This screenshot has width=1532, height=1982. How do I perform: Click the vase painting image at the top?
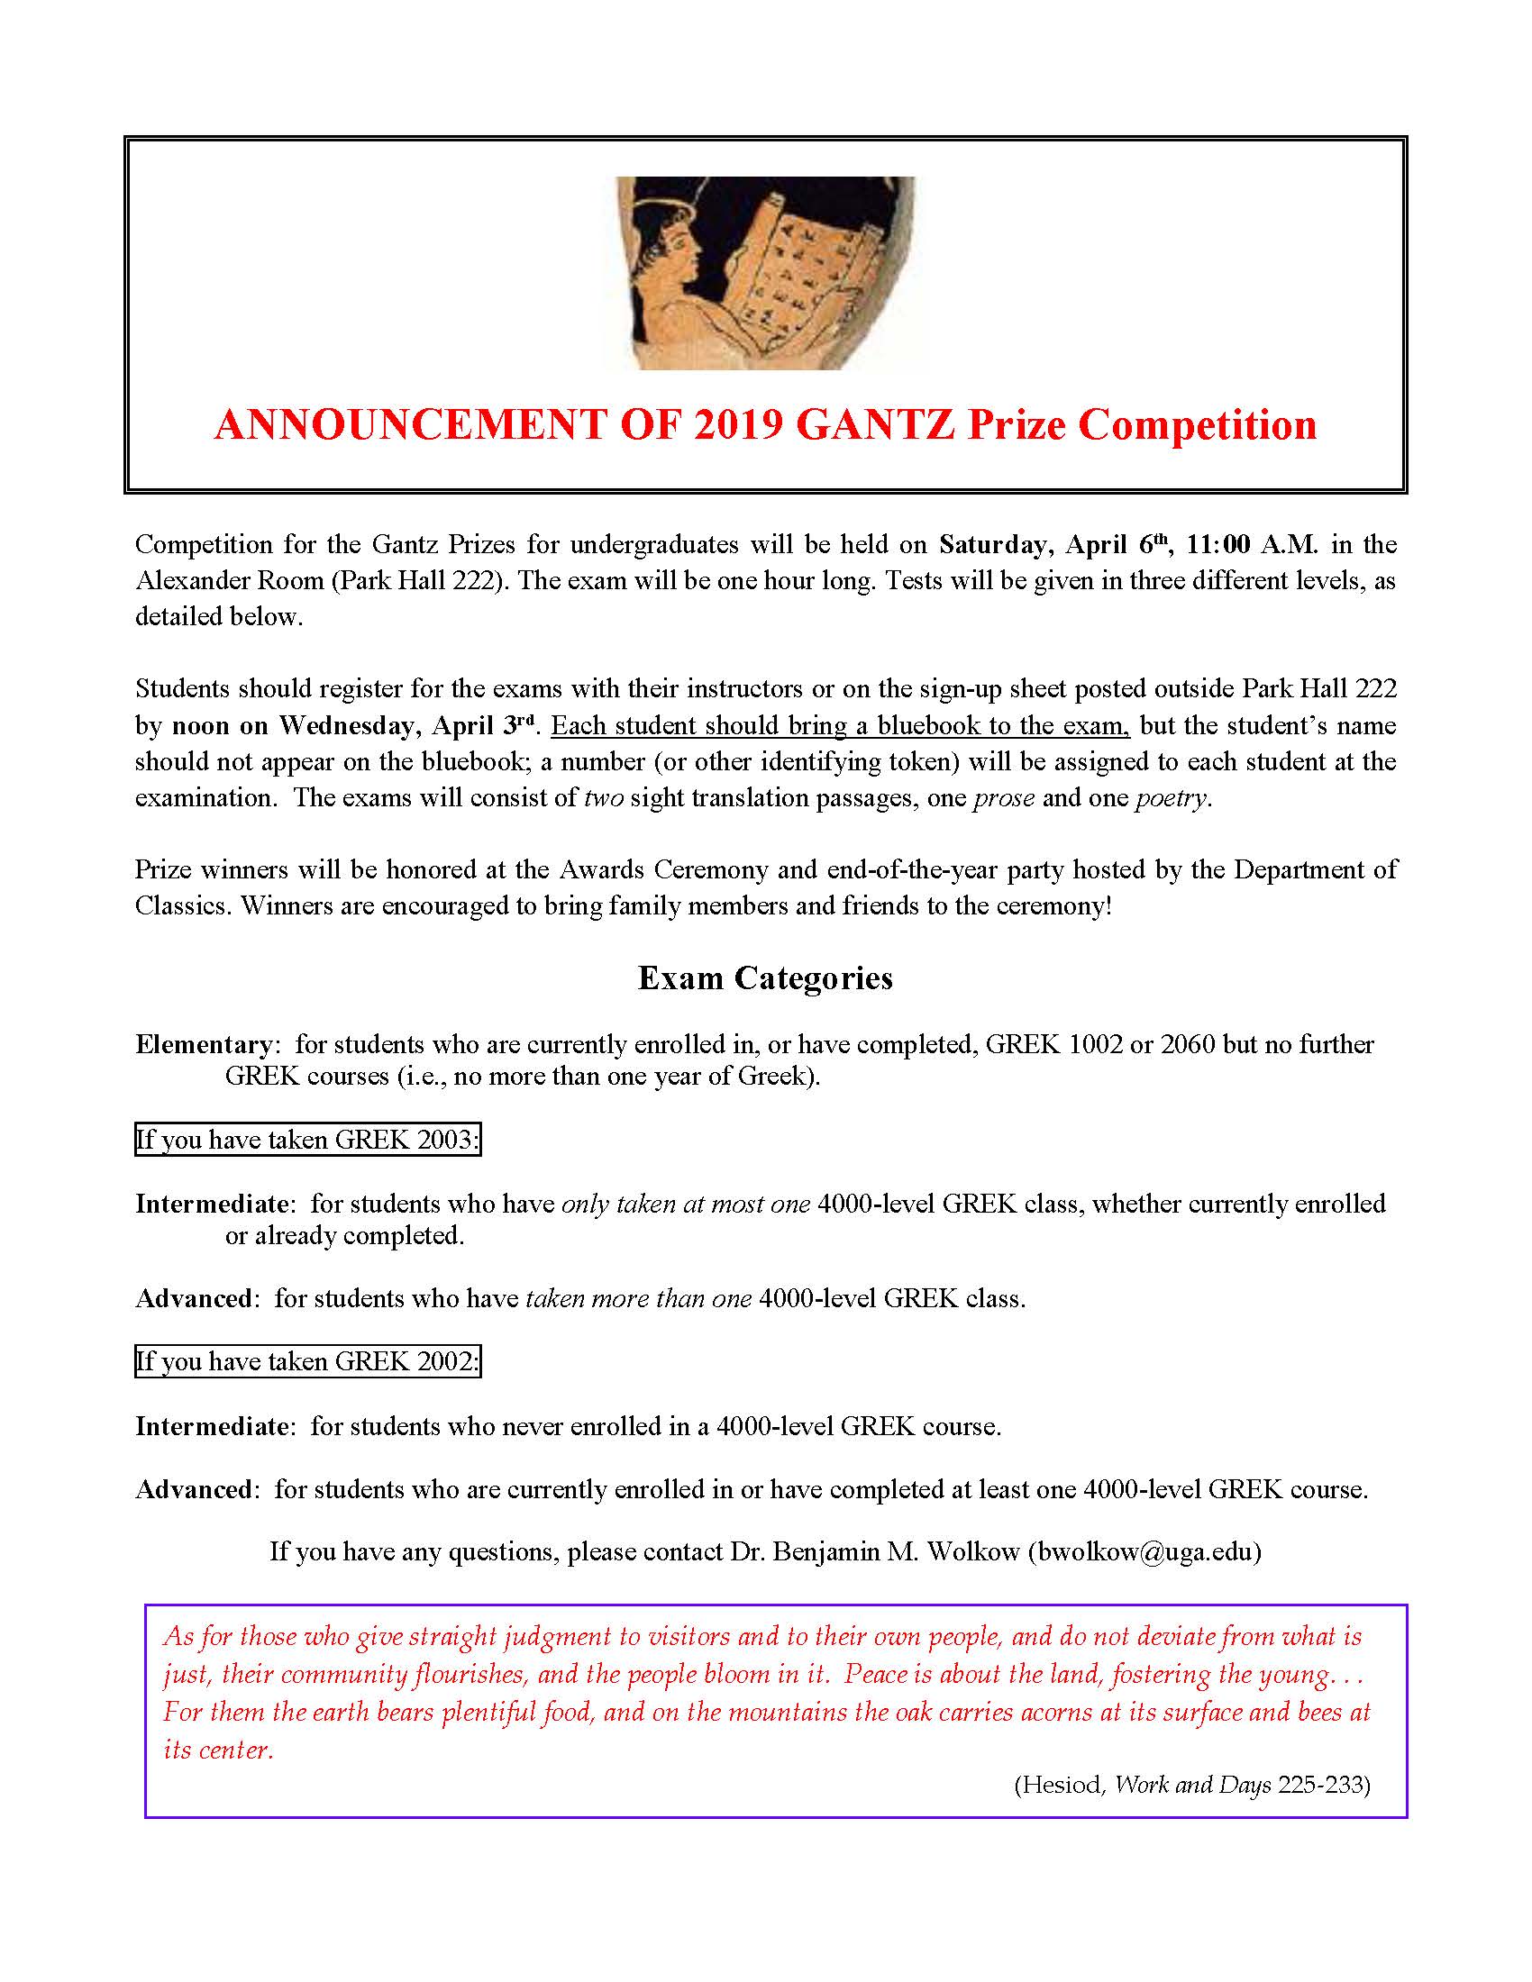[x=765, y=272]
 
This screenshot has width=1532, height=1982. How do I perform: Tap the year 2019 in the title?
[x=738, y=424]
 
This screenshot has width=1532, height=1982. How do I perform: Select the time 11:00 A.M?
[x=1252, y=544]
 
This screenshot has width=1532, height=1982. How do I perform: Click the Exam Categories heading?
[x=765, y=977]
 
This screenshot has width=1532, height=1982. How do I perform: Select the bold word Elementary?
[x=204, y=1044]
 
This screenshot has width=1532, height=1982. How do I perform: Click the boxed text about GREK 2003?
[x=307, y=1140]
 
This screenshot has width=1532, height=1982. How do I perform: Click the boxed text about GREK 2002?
[x=307, y=1361]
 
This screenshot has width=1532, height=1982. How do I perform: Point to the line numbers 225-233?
[x=1320, y=1785]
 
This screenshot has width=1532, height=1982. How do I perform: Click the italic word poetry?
[x=1171, y=798]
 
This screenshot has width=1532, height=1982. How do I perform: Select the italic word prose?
[x=1003, y=798]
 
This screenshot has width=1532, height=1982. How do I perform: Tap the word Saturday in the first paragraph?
[x=992, y=544]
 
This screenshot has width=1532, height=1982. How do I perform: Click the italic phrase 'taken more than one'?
[x=638, y=1298]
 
